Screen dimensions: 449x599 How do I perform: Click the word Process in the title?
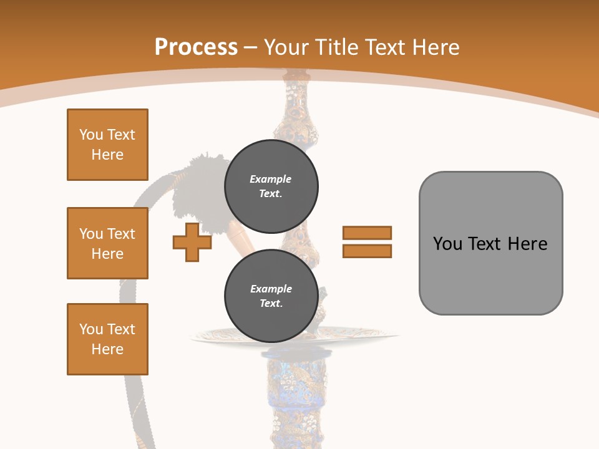coord(196,47)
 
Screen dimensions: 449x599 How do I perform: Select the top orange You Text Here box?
coord(107,145)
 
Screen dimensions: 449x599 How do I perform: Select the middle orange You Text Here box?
coord(107,243)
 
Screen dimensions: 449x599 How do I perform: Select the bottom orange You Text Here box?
coord(107,339)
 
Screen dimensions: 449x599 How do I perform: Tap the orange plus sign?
coord(192,243)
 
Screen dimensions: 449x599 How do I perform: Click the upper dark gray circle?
coord(271,186)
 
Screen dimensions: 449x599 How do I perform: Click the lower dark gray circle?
coord(271,296)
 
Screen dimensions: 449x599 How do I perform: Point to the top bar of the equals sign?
coord(367,233)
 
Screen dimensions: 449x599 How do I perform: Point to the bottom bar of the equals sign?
coord(367,251)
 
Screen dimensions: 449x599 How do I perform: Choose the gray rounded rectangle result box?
coord(490,243)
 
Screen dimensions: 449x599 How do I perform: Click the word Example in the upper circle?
coord(271,179)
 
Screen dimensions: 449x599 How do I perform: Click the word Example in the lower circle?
coord(271,289)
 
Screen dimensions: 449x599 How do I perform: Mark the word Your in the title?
coord(286,47)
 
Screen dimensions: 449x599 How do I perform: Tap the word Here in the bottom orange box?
coord(107,349)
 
